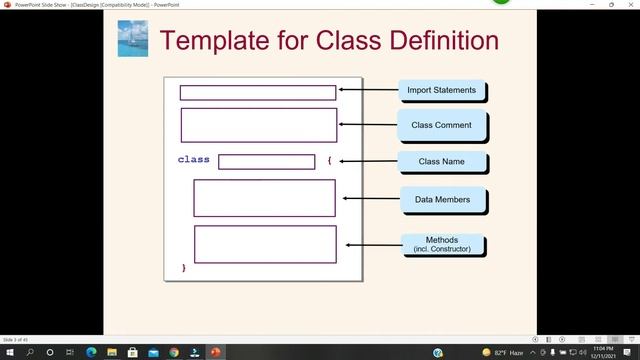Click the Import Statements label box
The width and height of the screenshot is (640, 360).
pos(442,91)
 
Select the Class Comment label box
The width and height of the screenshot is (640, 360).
pos(442,125)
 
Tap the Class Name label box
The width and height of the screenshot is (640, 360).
pos(441,161)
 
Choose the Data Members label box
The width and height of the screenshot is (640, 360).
pos(442,199)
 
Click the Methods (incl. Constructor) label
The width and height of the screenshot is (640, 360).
pos(442,244)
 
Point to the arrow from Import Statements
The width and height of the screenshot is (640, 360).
pos(368,90)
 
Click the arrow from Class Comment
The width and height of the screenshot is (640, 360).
pos(368,124)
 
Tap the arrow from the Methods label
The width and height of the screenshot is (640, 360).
pos(373,243)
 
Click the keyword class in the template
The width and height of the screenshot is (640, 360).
pos(194,160)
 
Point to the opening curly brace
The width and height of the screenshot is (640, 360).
pos(328,160)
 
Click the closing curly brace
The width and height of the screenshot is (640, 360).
pos(184,268)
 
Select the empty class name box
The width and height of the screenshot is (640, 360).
pos(266,162)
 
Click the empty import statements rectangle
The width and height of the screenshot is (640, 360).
pos(258,93)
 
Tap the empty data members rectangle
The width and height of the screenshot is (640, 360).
pos(264,198)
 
